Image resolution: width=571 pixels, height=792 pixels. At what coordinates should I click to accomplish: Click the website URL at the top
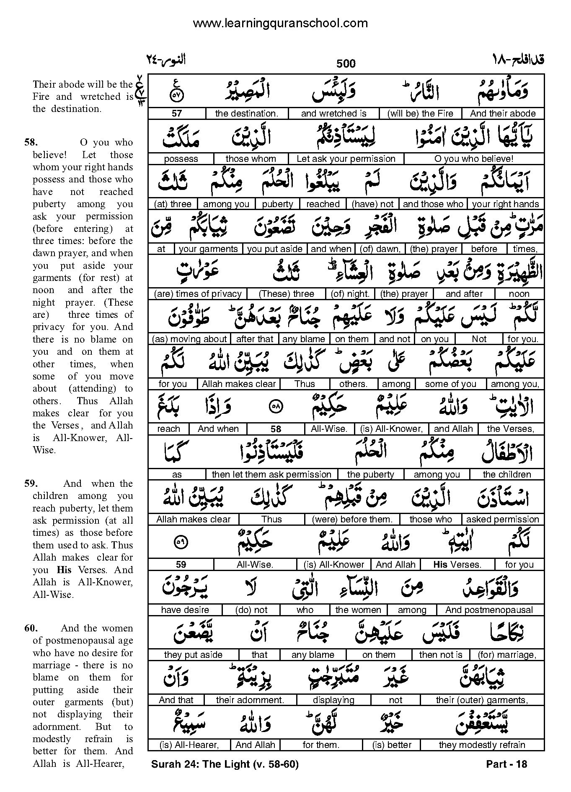[x=280, y=23]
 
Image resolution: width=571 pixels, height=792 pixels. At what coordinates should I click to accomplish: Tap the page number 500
[x=346, y=64]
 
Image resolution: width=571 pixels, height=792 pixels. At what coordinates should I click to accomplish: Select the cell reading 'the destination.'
[x=246, y=114]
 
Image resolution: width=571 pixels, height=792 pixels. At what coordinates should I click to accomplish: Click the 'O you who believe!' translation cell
[x=474, y=159]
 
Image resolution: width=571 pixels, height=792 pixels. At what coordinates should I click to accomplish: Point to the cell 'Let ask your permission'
[x=346, y=159]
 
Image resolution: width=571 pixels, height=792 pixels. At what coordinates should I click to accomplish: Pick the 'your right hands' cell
[x=505, y=204]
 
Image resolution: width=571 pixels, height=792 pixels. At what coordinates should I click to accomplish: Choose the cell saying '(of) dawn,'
[x=380, y=249]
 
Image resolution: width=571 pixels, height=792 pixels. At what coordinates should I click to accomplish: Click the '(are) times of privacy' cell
[x=198, y=294]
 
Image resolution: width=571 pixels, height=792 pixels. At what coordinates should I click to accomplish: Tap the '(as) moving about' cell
[x=190, y=339]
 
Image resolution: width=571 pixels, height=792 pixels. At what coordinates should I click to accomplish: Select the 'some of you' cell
[x=450, y=384]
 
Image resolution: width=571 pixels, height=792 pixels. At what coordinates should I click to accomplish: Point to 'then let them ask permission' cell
[x=271, y=475]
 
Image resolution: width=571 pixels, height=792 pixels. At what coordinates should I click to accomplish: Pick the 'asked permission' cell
[x=502, y=519]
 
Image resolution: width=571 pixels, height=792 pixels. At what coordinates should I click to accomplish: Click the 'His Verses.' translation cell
[x=457, y=565]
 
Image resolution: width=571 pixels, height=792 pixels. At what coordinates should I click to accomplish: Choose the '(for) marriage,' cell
[x=507, y=655]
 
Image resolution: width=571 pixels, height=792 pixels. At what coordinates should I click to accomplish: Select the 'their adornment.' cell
[x=250, y=700]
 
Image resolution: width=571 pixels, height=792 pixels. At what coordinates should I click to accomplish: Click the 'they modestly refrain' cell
[x=482, y=745]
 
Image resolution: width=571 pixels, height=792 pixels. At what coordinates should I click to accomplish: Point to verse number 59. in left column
[x=31, y=483]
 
